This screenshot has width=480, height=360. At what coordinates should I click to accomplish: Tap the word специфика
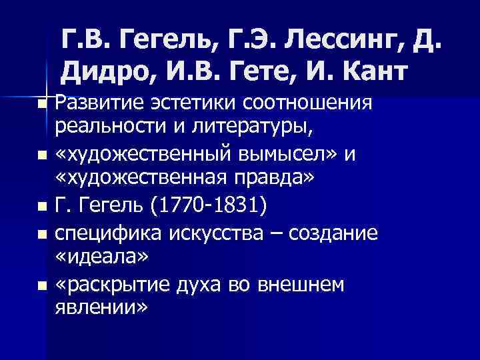pos(102,233)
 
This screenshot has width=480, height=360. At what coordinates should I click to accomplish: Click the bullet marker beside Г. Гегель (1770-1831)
pos(42,209)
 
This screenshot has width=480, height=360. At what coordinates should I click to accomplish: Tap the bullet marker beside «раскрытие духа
pos(42,286)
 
